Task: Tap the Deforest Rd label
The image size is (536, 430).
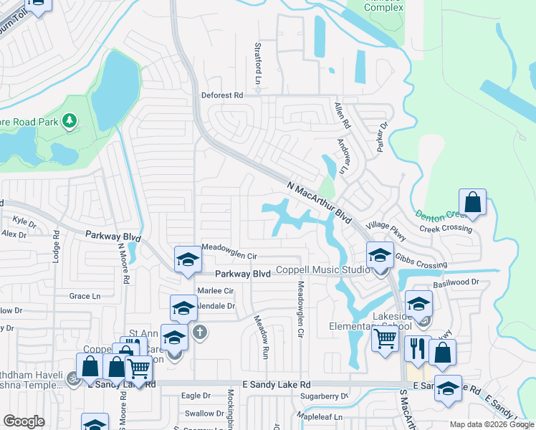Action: (x=222, y=95)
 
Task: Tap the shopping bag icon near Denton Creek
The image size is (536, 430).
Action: (x=473, y=202)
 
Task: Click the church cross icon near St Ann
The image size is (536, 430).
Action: (x=199, y=333)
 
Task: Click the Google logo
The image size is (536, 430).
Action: (x=24, y=421)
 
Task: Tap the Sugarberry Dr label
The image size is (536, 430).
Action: (x=324, y=396)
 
